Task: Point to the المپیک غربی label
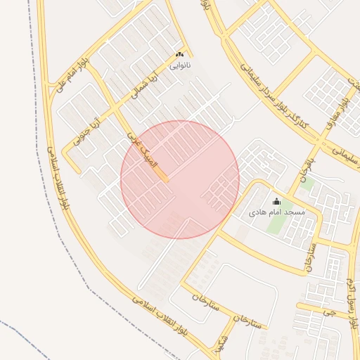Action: tap(139, 147)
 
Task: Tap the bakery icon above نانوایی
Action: tap(180, 55)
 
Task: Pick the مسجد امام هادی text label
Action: tap(277, 212)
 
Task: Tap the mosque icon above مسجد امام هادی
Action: tap(276, 201)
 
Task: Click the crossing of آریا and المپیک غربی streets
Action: tap(117, 105)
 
